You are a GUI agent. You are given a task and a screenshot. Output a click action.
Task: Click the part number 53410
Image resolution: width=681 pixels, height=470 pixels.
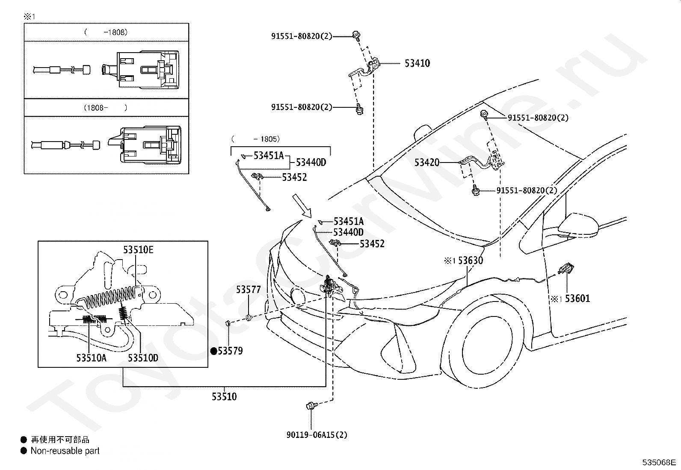(417, 63)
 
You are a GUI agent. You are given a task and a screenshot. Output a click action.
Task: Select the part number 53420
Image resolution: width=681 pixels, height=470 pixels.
(427, 163)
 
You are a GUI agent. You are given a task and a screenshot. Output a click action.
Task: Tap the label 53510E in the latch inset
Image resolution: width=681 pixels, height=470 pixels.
(138, 250)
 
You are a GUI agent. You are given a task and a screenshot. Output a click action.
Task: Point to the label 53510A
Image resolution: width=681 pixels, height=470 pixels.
(92, 358)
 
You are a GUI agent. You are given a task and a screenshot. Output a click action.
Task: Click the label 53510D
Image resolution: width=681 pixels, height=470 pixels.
(143, 358)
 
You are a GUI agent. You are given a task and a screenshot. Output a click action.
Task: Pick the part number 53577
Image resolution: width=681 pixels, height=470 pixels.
(249, 290)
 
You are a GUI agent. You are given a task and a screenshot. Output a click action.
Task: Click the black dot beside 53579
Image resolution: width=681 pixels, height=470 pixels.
(214, 351)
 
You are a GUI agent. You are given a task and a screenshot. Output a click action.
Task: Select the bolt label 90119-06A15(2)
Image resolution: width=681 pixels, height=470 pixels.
(317, 435)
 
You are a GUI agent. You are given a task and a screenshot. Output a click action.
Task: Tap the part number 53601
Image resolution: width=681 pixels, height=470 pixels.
(577, 299)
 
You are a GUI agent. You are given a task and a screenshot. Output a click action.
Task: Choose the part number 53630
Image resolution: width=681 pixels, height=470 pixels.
(470, 260)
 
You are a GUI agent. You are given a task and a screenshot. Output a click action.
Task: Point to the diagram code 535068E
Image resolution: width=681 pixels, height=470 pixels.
(659, 462)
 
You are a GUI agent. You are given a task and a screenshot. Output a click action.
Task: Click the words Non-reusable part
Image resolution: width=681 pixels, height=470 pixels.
(65, 451)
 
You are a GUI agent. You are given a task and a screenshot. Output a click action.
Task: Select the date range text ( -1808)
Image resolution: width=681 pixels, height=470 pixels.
(106, 32)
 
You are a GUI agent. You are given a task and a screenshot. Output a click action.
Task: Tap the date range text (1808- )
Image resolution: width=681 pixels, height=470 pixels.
(106, 108)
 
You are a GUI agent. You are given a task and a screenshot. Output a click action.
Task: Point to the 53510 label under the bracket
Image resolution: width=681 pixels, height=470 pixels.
(224, 397)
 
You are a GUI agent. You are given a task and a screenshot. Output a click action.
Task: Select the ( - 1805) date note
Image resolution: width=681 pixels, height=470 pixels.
(255, 139)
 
